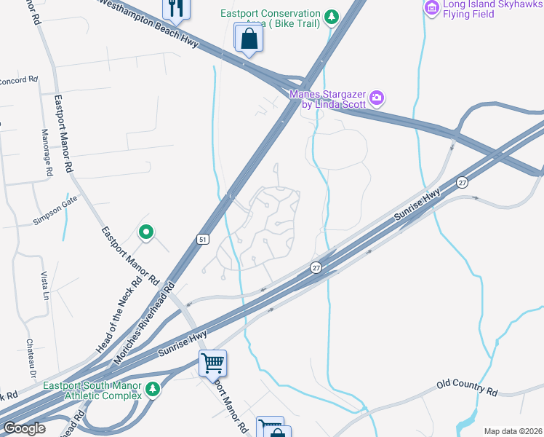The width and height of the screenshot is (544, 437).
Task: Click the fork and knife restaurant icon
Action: click(x=175, y=7)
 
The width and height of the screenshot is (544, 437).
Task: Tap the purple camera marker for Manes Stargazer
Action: click(x=377, y=97)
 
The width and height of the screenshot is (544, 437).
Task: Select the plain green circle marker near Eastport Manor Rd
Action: click(x=145, y=232)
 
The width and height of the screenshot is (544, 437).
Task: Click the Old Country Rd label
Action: click(x=467, y=387)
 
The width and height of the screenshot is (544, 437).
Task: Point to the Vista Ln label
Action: click(x=44, y=286)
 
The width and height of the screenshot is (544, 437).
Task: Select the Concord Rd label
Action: click(x=17, y=79)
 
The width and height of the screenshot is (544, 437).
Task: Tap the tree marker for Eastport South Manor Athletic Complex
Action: click(x=153, y=390)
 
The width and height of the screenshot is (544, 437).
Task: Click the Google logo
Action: click(x=24, y=428)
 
